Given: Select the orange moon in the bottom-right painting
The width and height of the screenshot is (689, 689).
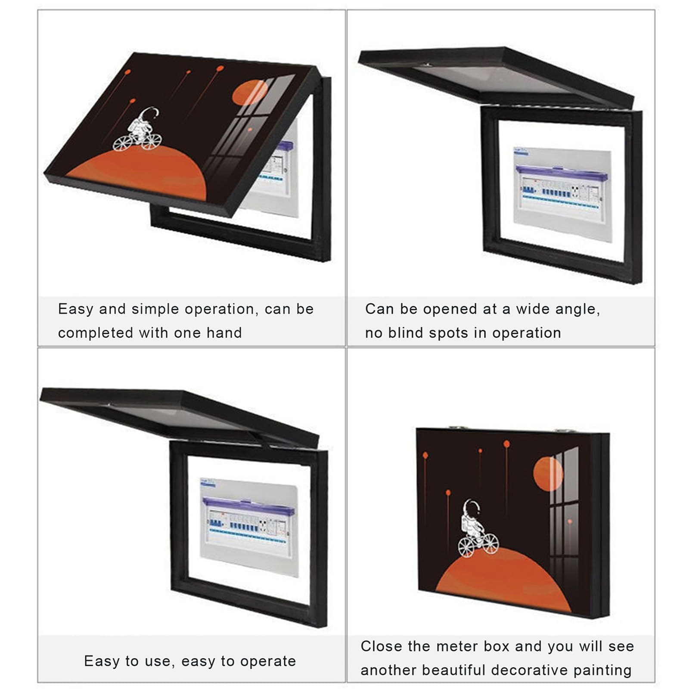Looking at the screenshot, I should [x=548, y=474].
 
